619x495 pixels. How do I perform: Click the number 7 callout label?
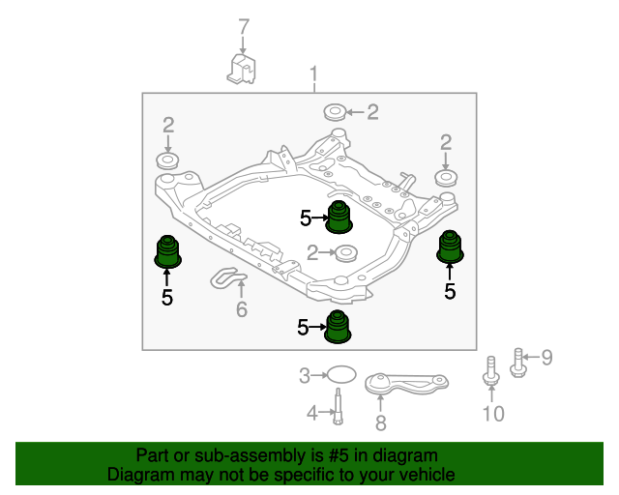click(244, 27)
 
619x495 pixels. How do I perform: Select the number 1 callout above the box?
click(313, 75)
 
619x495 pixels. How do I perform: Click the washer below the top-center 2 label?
click(335, 112)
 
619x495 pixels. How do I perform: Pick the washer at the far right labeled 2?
click(446, 178)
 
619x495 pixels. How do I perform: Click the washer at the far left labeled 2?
click(167, 160)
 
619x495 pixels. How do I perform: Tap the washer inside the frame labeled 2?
click(346, 253)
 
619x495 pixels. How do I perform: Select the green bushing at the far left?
click(167, 251)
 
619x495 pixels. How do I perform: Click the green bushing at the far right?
click(450, 247)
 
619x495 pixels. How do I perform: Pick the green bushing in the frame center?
click(339, 218)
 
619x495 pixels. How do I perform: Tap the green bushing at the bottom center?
click(338, 327)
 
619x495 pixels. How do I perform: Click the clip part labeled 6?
click(228, 277)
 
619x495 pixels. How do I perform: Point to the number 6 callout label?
click(242, 309)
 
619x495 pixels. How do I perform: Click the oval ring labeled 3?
click(341, 374)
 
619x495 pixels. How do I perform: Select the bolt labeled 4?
click(339, 406)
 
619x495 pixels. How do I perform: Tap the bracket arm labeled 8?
click(406, 384)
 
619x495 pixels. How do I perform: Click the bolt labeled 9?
click(517, 363)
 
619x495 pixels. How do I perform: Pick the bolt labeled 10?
click(491, 370)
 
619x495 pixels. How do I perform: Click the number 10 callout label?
click(493, 414)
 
